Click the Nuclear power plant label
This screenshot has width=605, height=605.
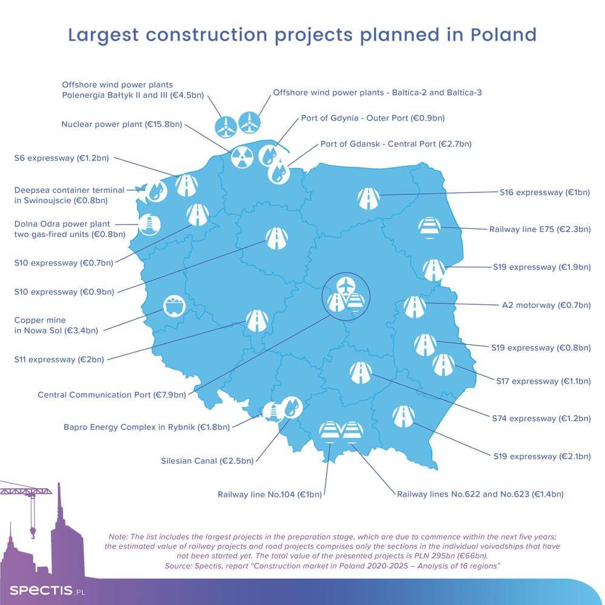[122, 124]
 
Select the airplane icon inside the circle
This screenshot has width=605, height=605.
[345, 286]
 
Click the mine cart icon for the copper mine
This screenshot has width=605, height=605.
[174, 306]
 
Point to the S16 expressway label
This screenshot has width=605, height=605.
[545, 192]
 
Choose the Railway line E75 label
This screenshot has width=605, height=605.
[540, 229]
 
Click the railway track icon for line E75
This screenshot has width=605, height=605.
[430, 227]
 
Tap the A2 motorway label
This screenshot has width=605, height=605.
[546, 305]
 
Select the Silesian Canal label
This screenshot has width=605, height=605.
[207, 460]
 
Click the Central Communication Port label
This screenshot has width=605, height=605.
[112, 394]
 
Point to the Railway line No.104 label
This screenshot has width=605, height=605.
[270, 494]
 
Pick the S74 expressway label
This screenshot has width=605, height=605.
[541, 418]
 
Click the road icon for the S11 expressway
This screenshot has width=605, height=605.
[257, 321]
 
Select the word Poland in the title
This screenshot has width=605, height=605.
[503, 34]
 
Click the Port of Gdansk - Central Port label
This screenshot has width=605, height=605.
[396, 144]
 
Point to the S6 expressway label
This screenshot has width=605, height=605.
[61, 158]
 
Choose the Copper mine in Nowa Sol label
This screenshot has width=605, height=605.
[56, 325]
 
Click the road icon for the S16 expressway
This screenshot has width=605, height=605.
[368, 198]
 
